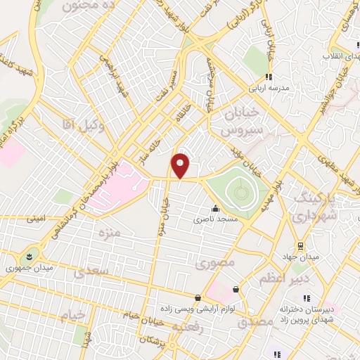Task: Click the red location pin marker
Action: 181,165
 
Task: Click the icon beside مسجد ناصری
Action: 215,208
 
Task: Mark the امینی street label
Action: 37,219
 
